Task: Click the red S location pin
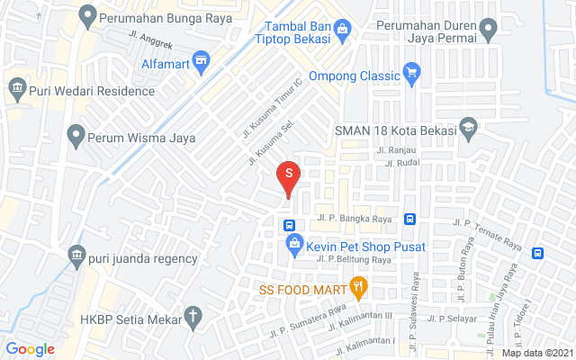[x=288, y=174]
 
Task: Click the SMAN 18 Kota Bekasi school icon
[x=467, y=129]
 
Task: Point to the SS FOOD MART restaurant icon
[x=358, y=289]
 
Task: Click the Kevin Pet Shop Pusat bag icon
[x=294, y=244]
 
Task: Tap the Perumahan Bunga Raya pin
[x=87, y=16]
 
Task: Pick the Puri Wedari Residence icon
[x=15, y=88]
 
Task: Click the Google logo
[x=31, y=349]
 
